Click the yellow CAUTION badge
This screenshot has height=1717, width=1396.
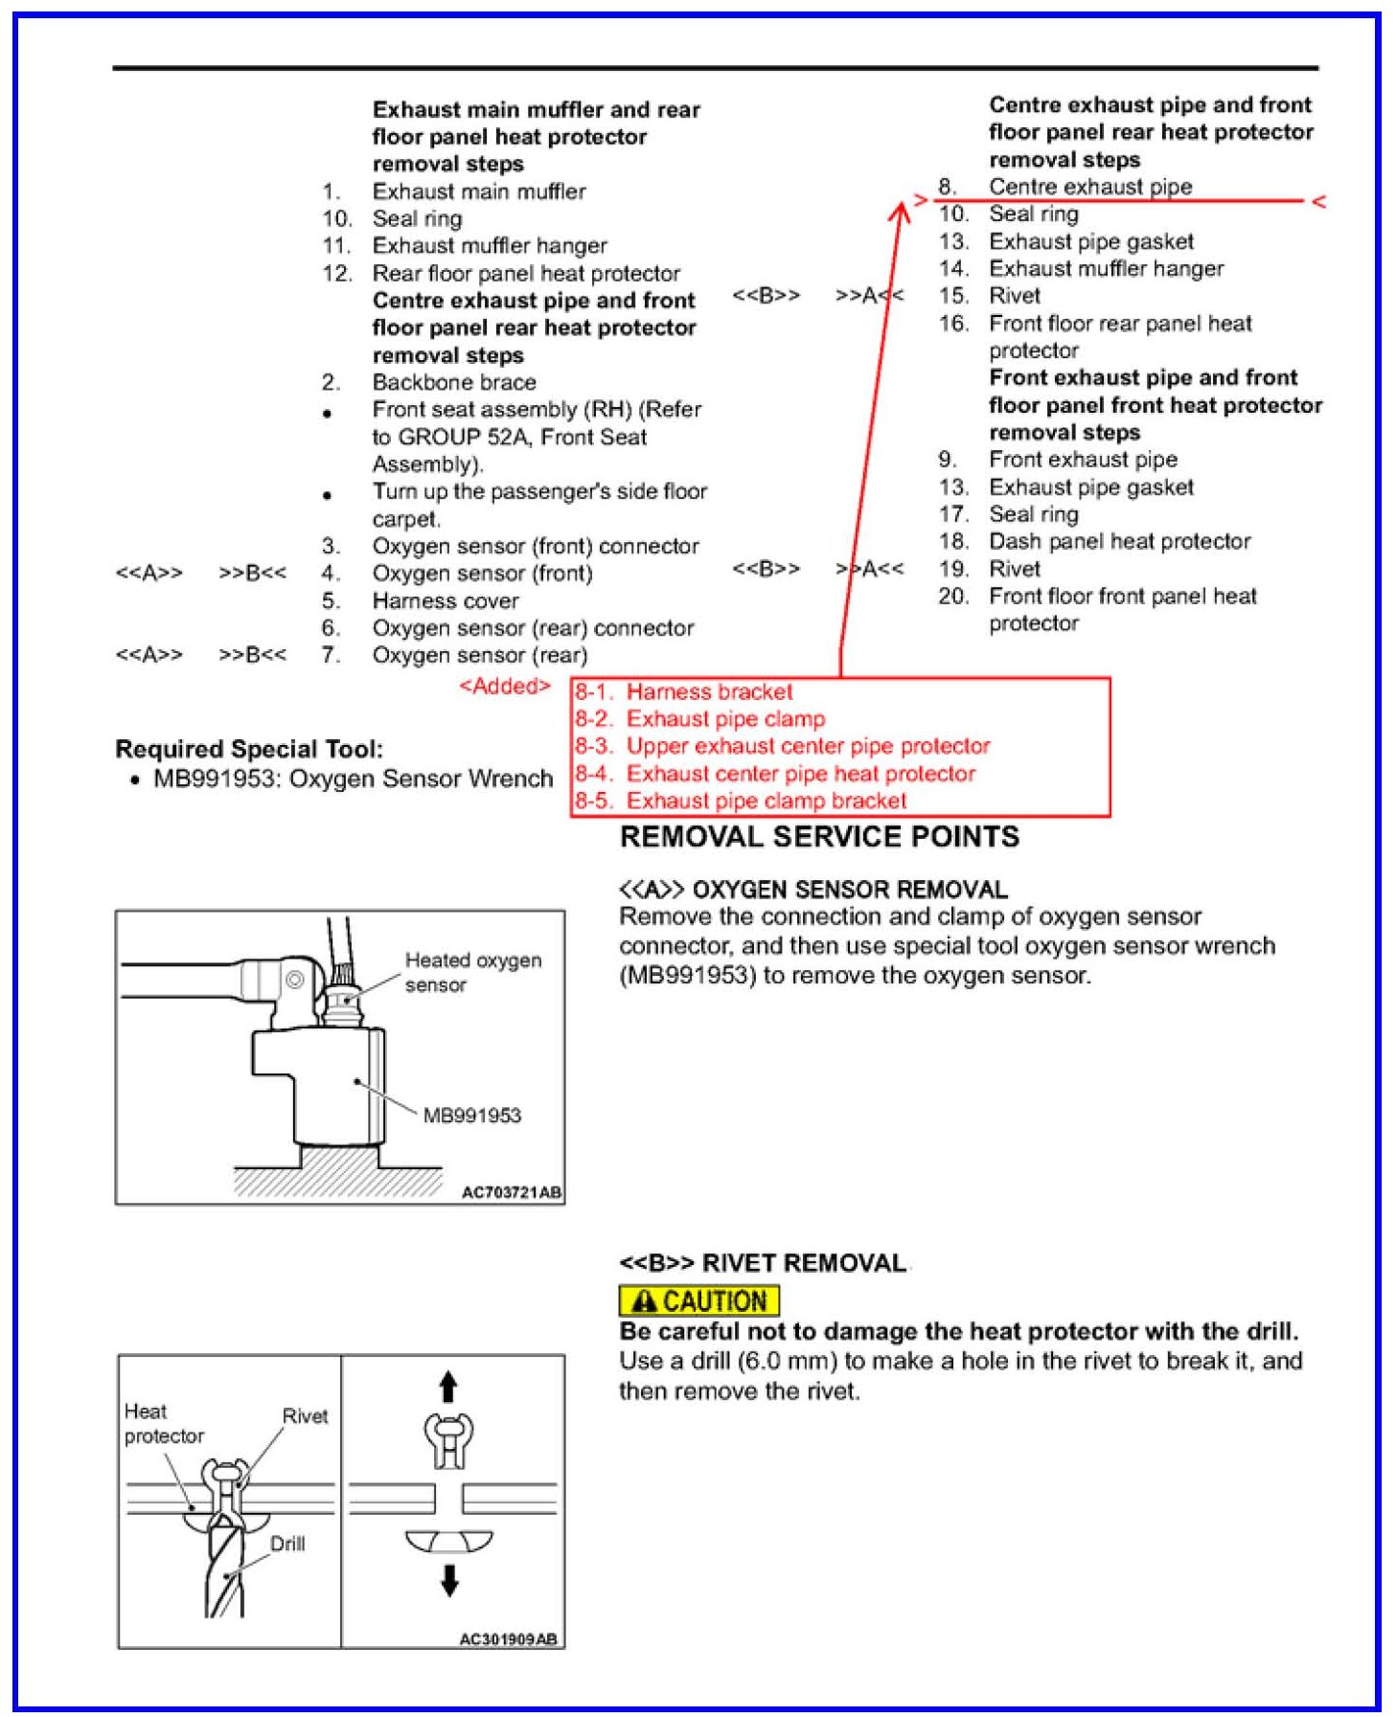point(698,1300)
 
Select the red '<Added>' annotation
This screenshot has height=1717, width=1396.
point(504,686)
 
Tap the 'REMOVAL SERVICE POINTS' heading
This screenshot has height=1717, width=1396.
point(819,837)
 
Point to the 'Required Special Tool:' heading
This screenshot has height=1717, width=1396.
point(249,749)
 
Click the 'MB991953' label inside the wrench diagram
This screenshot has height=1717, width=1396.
point(471,1115)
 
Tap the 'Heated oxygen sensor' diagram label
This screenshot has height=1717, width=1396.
point(472,971)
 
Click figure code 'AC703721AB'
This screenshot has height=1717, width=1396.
point(511,1192)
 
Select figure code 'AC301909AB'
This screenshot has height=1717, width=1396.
point(508,1638)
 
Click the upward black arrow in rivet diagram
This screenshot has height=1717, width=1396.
point(448,1387)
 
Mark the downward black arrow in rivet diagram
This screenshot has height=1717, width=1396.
point(448,1579)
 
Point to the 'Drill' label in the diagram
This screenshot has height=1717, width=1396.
point(287,1543)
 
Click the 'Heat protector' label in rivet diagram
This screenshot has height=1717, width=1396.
point(163,1423)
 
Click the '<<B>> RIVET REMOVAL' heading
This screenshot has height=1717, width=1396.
point(763,1263)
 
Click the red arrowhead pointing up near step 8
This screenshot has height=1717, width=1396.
point(899,211)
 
